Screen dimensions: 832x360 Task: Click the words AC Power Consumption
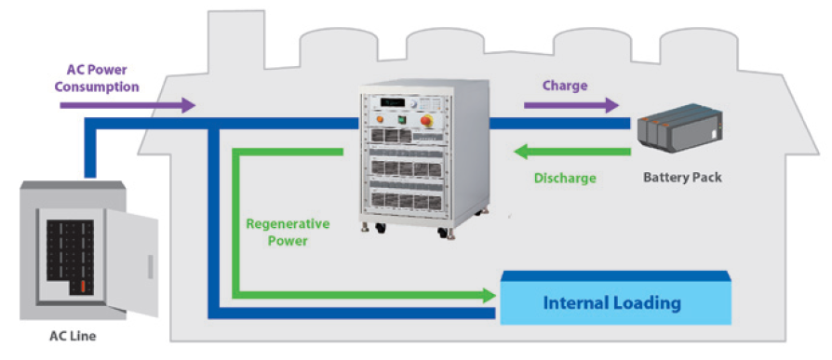(97, 78)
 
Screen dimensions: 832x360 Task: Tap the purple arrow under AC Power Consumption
(127, 105)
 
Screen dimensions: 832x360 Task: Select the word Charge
(565, 86)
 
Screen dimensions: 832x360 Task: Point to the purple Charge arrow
(571, 105)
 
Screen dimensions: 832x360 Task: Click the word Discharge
(565, 179)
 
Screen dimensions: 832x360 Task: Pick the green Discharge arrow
(572, 152)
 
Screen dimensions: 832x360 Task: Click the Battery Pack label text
(682, 177)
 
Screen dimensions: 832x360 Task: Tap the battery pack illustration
(679, 127)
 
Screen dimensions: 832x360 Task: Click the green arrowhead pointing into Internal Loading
(490, 295)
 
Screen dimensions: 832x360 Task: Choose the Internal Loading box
(616, 298)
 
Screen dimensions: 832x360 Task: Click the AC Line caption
(73, 336)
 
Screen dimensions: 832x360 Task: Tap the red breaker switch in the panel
(83, 287)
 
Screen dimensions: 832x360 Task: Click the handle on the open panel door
(150, 267)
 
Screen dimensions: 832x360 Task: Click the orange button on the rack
(380, 120)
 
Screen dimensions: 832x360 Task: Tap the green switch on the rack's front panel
(402, 120)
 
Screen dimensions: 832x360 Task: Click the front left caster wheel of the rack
(381, 230)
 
